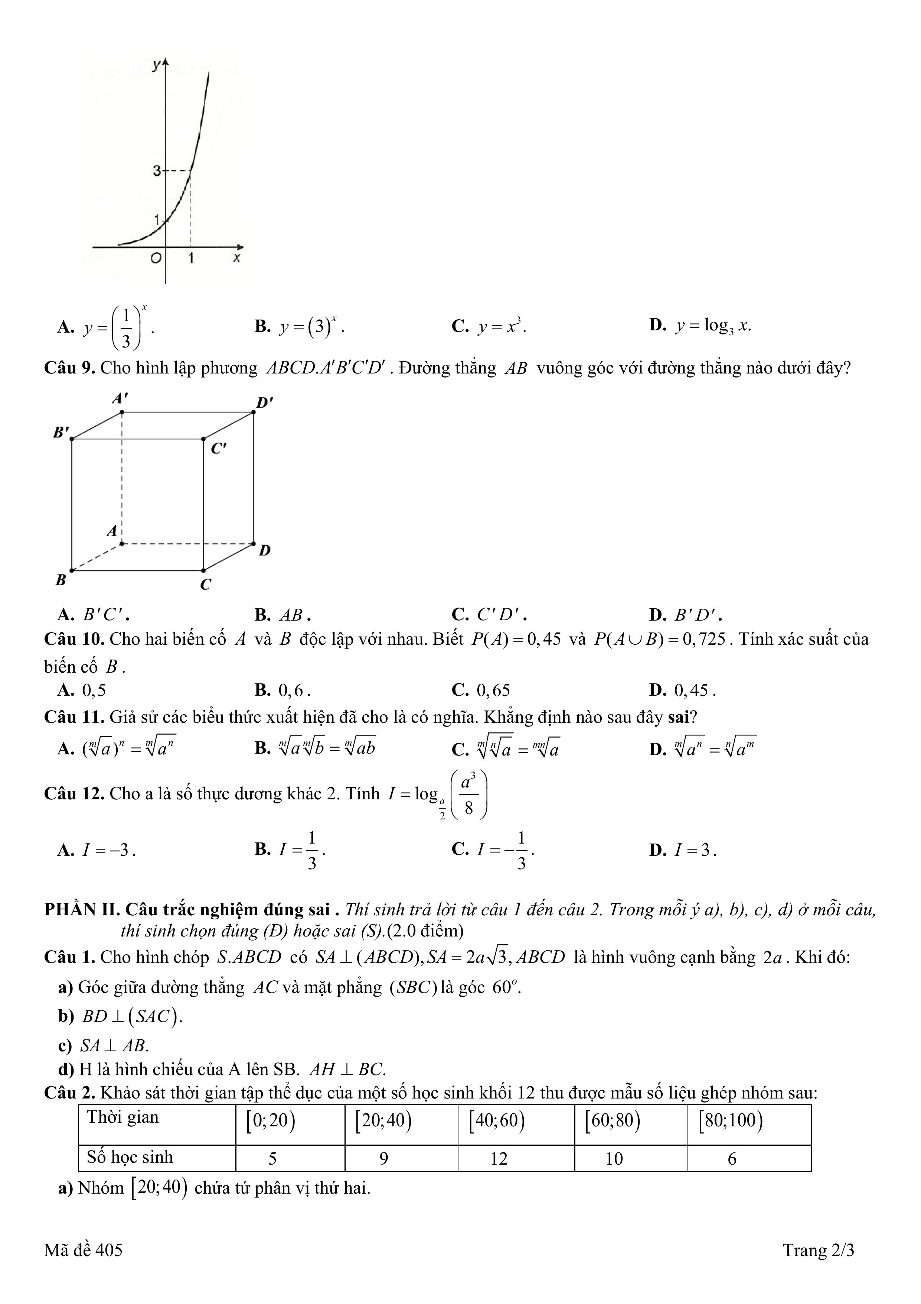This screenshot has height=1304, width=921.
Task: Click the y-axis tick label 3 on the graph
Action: pos(157,170)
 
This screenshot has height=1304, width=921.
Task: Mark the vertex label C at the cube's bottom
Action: pos(205,584)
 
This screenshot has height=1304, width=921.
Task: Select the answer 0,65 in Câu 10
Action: pos(493,690)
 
